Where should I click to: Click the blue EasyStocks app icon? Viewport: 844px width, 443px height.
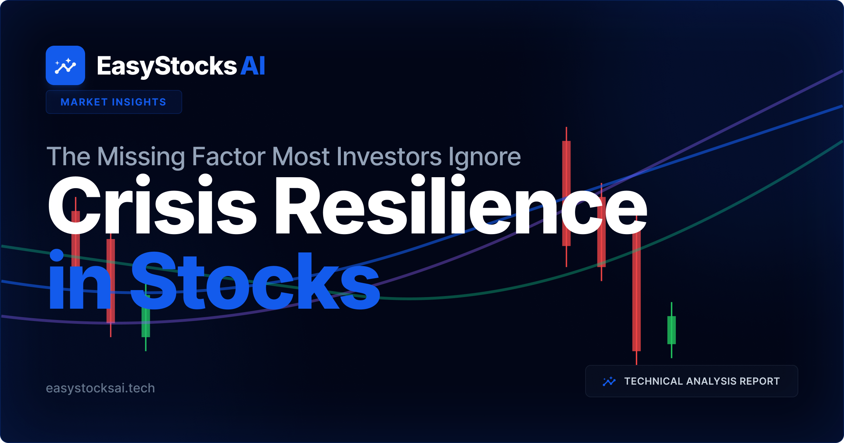(x=65, y=65)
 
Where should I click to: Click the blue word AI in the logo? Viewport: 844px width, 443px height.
(x=252, y=66)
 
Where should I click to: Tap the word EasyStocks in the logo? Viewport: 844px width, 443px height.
(x=167, y=66)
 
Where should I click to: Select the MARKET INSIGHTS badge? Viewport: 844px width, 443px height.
(x=114, y=102)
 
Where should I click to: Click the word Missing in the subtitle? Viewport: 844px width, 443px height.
(x=141, y=156)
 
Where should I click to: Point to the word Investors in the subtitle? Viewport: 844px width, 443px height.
(x=389, y=156)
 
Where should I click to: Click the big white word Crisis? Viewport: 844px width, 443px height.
(x=151, y=206)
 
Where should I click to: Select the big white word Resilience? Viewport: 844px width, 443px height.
(x=461, y=206)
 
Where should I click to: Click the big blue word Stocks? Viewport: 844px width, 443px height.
(x=255, y=281)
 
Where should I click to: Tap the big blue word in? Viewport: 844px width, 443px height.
(x=79, y=281)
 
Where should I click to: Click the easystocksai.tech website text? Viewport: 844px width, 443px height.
(x=101, y=388)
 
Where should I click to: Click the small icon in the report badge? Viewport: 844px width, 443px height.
(x=609, y=381)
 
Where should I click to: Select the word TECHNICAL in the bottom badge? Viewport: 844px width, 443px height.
(x=653, y=381)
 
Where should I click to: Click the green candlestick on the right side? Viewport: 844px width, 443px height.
(x=671, y=330)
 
